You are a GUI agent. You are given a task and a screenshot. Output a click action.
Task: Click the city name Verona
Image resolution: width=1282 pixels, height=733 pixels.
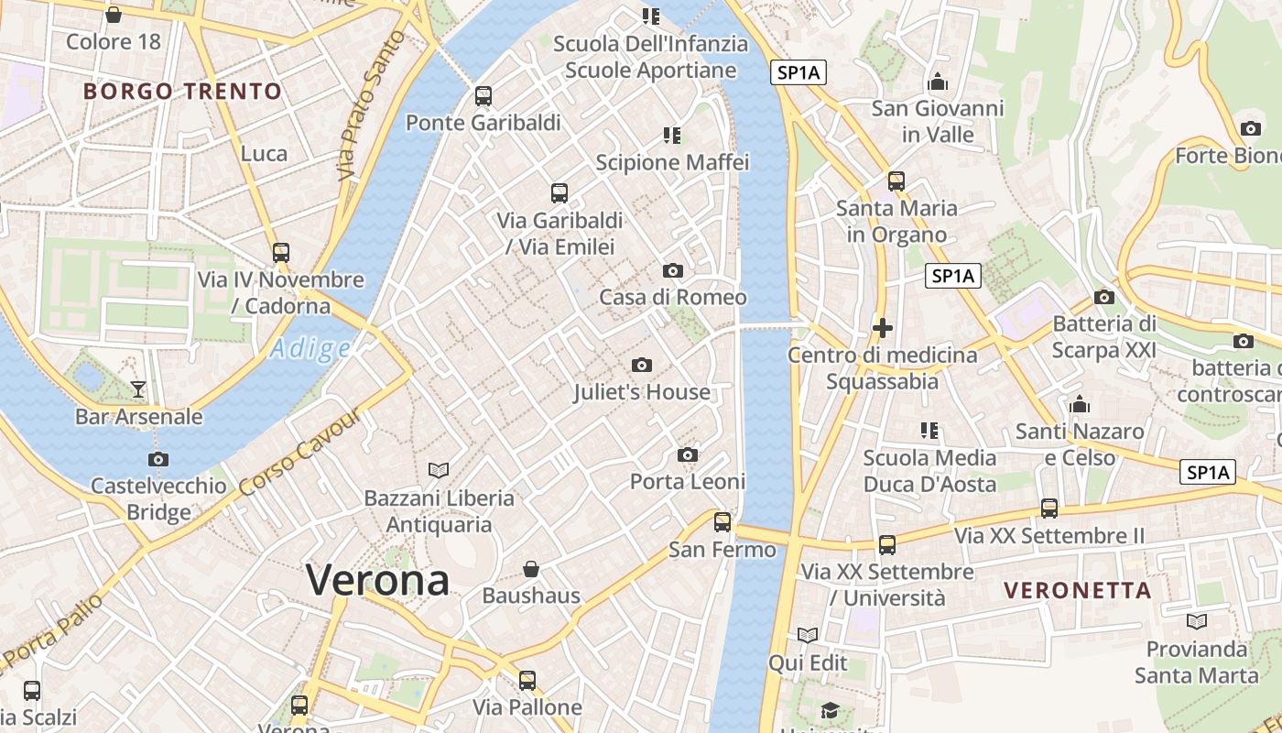[x=377, y=579]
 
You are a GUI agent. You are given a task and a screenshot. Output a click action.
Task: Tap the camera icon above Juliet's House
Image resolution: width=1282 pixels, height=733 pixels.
[x=642, y=366]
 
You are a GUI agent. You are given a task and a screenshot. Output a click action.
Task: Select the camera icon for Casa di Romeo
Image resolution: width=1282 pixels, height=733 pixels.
[x=673, y=270]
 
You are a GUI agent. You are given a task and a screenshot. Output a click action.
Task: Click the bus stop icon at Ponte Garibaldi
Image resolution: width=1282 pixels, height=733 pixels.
[x=483, y=95]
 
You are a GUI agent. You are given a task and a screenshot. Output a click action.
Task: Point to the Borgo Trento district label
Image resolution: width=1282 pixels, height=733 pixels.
[x=182, y=92]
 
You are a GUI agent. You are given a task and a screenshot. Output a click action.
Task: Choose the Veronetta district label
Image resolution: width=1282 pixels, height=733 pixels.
[x=1078, y=590]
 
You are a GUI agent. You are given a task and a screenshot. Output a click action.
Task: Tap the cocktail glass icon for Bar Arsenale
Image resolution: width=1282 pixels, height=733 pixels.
[x=138, y=389]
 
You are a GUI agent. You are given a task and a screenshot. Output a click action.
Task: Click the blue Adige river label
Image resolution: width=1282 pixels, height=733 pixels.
[x=311, y=348]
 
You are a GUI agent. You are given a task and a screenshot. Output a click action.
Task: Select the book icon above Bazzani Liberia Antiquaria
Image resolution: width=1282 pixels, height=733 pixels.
[x=439, y=470]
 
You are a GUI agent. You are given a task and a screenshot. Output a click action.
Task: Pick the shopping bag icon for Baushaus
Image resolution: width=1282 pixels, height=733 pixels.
[x=531, y=569]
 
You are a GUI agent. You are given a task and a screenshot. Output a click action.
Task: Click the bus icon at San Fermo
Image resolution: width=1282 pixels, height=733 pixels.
[x=722, y=522]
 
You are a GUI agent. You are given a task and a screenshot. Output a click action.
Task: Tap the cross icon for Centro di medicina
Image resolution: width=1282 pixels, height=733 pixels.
[x=883, y=327]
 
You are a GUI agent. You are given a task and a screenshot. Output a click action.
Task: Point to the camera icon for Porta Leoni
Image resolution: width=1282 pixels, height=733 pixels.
[x=688, y=454]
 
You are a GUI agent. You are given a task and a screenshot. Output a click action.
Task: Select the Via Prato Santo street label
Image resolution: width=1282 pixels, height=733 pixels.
[x=370, y=105]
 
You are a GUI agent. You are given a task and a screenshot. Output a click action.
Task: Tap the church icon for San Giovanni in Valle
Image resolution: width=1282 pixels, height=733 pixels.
[x=938, y=82]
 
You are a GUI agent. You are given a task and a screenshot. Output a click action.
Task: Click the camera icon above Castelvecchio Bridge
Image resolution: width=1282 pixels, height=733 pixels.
[x=158, y=459]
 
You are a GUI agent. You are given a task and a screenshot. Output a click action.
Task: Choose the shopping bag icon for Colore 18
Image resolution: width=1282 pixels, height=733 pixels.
[x=114, y=15]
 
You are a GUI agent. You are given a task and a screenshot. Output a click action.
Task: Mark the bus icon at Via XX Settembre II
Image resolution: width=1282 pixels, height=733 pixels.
[x=1049, y=508]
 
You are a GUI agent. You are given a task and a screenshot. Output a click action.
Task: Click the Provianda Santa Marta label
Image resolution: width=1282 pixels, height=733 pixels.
[x=1196, y=662]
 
